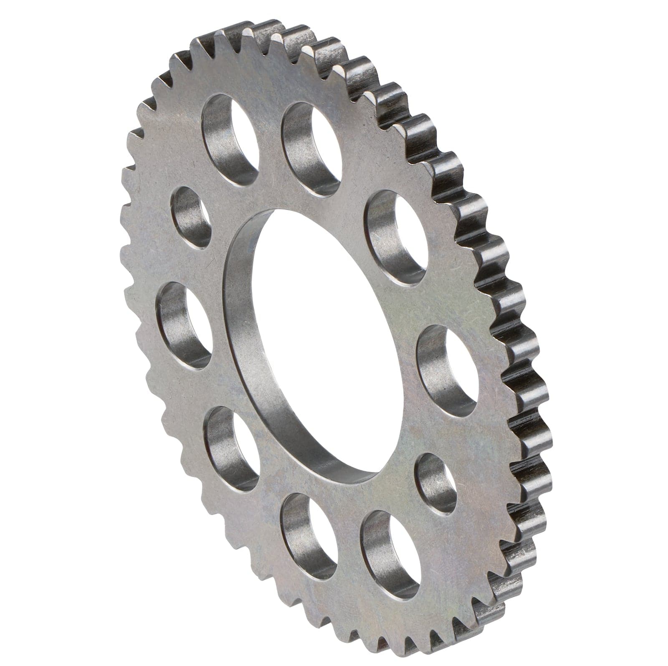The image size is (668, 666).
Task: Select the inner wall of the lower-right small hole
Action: coord(428,480)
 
